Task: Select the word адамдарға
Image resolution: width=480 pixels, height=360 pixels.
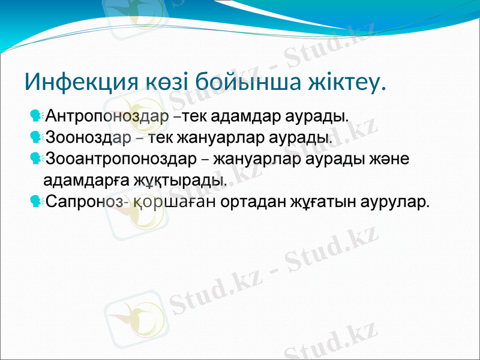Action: [79, 180]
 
